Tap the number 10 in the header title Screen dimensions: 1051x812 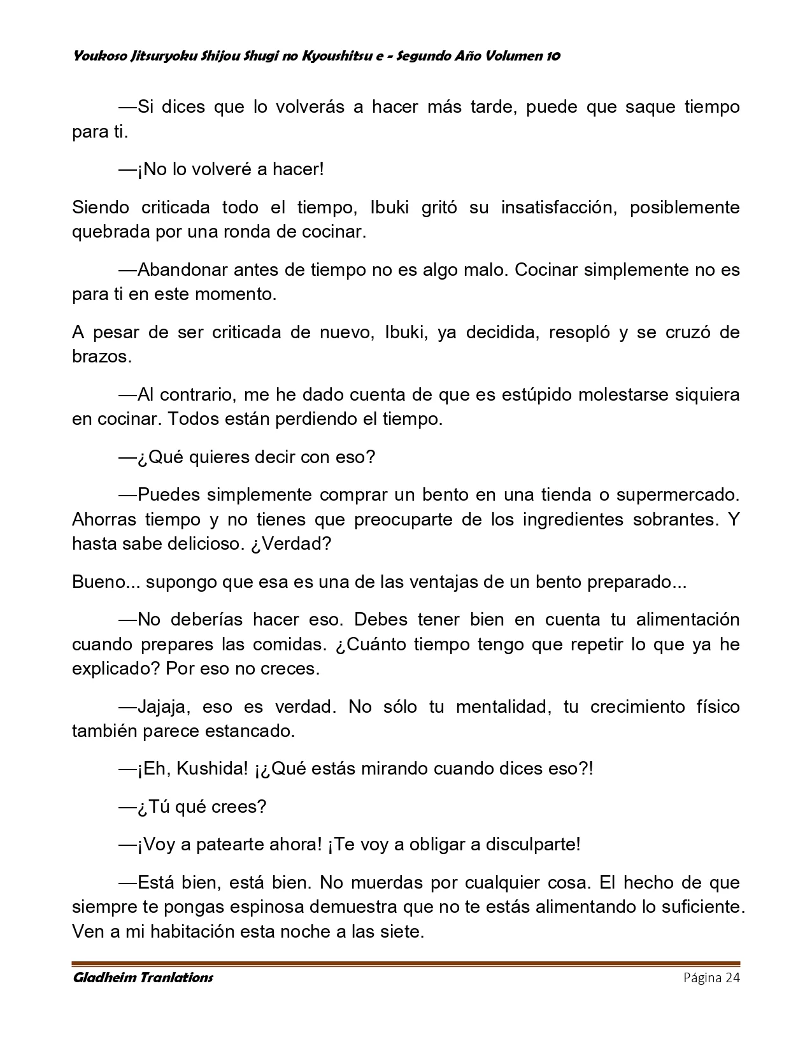point(553,56)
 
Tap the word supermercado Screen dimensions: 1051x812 point(678,495)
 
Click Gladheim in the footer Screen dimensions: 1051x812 point(104,978)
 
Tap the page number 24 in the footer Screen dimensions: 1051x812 point(732,978)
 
